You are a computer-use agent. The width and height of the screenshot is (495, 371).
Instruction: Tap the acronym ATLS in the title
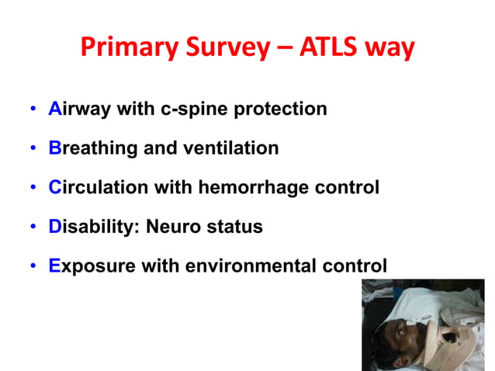click(337, 47)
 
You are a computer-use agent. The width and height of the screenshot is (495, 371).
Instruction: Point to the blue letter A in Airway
click(54, 109)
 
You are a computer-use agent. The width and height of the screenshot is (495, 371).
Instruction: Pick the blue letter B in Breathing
click(54, 148)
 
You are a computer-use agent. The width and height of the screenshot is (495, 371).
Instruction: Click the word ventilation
click(234, 148)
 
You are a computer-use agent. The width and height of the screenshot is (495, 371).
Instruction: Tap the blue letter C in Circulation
click(55, 188)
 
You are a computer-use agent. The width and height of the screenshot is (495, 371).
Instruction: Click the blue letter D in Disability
click(55, 227)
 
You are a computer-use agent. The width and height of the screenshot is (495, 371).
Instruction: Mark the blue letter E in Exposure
click(54, 266)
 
